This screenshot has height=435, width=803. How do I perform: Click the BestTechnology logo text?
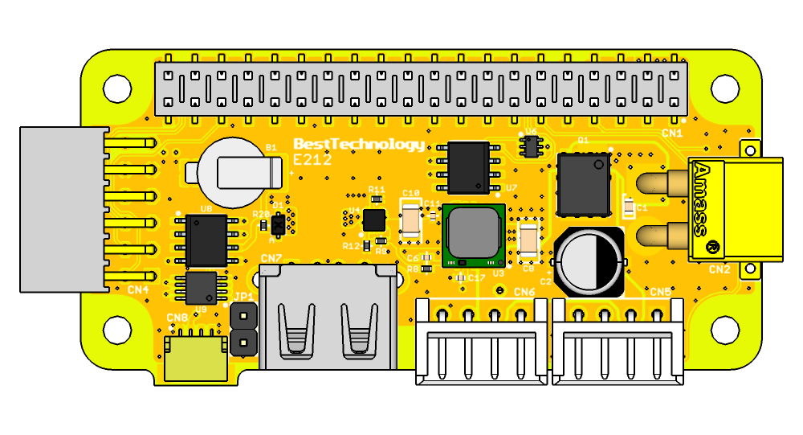[x=359, y=145]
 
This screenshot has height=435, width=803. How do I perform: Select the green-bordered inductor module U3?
[x=473, y=236]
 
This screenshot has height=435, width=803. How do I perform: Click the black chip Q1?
[x=584, y=184]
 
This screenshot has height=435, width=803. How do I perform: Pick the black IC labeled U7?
[x=468, y=167]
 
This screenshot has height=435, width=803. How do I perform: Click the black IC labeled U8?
[x=206, y=240]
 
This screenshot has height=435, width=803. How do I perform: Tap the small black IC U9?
[x=201, y=287]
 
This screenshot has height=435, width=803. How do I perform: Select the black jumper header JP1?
[x=242, y=331]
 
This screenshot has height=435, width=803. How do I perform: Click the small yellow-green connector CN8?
[x=195, y=357]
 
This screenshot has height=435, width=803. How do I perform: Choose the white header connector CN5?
[x=618, y=338]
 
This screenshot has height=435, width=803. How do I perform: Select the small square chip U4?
[x=373, y=219]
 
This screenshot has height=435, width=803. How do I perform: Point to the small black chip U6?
[x=530, y=146]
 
